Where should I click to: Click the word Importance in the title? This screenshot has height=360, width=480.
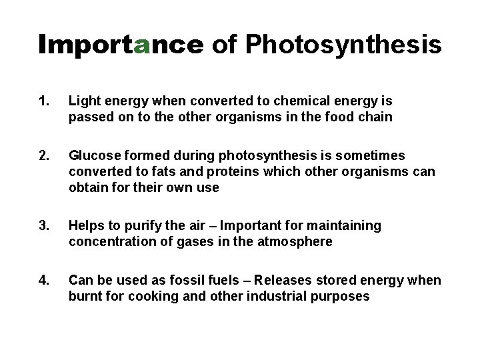click(x=121, y=44)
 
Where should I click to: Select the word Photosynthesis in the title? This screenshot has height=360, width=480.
click(x=343, y=44)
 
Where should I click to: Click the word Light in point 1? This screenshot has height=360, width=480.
click(x=83, y=101)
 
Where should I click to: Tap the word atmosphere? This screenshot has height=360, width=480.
click(x=294, y=241)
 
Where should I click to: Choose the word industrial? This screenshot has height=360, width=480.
click(x=273, y=296)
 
